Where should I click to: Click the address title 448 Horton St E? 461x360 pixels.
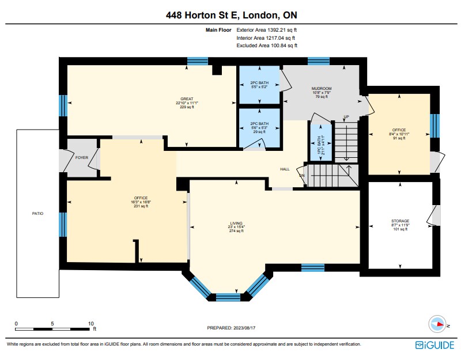coord(231,14)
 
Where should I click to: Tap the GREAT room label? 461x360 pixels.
coord(186,98)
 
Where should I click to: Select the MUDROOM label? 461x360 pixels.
coord(321,88)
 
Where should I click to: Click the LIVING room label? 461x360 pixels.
coord(236,222)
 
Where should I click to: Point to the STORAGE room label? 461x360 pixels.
coord(400,221)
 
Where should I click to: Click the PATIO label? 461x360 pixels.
coord(37,213)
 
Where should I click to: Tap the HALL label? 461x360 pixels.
coord(285,169)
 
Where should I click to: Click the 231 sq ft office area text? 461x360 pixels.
coord(125,206)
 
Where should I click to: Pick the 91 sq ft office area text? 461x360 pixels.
coord(399,138)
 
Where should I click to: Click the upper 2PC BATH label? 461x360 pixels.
coord(259,83)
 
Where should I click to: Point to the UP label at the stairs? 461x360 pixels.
coord(346,117)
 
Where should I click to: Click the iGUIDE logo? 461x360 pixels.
coord(434,344)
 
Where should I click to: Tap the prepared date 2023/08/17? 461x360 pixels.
coord(231,328)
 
